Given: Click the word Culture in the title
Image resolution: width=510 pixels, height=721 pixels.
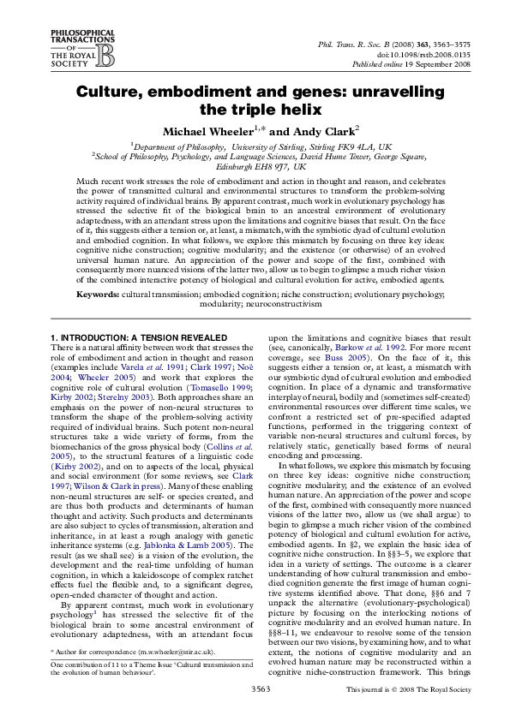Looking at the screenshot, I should pyautogui.click(x=106, y=92).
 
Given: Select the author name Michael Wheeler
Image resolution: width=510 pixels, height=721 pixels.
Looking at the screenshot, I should pyautogui.click(x=203, y=132).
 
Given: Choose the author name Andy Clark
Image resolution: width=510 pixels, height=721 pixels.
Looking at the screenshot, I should pyautogui.click(x=306, y=132).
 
